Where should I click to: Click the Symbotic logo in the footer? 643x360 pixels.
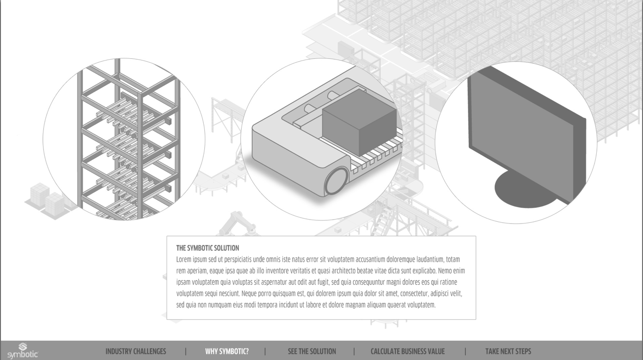(23, 350)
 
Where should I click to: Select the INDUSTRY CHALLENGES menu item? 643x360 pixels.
(136, 351)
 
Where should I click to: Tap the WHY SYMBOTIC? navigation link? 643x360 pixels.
(227, 351)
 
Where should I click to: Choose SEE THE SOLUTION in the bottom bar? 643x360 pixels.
(312, 351)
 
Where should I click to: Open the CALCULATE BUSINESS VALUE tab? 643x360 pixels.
(408, 351)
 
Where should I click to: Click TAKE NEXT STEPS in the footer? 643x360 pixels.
(508, 351)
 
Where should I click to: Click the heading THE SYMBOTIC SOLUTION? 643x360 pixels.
(208, 248)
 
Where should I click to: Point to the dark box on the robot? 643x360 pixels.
(359, 122)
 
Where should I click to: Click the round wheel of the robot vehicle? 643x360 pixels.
(336, 181)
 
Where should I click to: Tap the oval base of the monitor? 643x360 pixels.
(522, 191)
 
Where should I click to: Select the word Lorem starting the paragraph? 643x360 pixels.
(184, 260)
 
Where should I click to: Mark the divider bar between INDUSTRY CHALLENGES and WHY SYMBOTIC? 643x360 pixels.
(186, 351)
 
